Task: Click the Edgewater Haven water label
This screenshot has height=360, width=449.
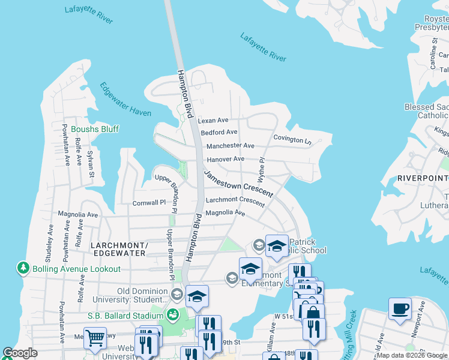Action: [125, 101]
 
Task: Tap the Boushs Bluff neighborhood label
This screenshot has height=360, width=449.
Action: [95, 129]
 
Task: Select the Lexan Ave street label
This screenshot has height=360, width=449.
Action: [214, 121]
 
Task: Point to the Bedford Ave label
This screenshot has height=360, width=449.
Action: [219, 133]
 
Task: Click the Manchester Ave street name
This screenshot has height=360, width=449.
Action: [231, 146]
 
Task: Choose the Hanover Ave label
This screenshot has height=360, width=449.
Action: [225, 159]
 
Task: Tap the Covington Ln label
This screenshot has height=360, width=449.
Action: [292, 139]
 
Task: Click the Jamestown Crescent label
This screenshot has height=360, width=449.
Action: [238, 184]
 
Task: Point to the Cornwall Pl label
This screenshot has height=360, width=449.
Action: [149, 203]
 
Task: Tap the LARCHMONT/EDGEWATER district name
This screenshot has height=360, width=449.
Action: [118, 249]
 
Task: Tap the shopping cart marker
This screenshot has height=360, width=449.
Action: [95, 338]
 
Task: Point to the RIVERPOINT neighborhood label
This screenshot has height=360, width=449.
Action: [423, 178]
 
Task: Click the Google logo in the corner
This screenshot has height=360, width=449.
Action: [20, 353]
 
